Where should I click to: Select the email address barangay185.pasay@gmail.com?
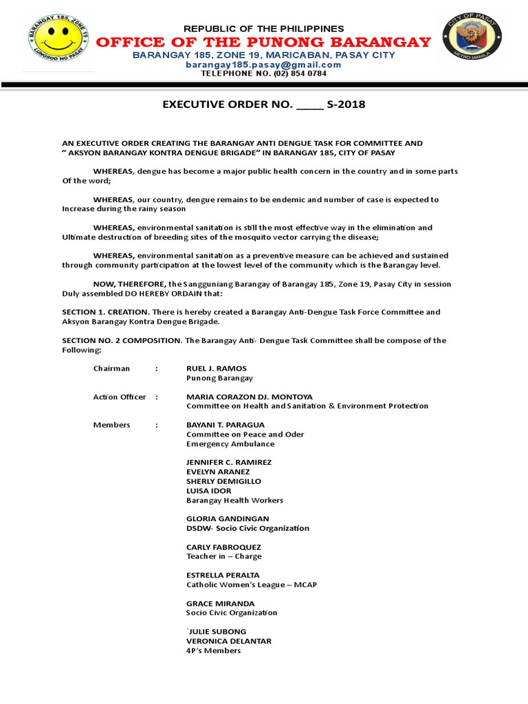(x=263, y=64)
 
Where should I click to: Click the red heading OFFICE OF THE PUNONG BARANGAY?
(x=263, y=42)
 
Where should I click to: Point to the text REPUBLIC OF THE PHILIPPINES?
(x=264, y=28)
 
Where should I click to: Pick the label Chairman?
(x=111, y=368)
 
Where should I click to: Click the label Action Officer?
(x=120, y=397)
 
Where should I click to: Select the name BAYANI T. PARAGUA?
(x=225, y=425)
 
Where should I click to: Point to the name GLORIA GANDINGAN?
(x=228, y=518)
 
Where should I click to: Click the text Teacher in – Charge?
(x=224, y=556)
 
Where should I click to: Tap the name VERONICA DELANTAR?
(x=229, y=641)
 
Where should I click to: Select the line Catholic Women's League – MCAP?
(x=252, y=584)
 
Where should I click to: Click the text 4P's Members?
(x=214, y=650)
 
